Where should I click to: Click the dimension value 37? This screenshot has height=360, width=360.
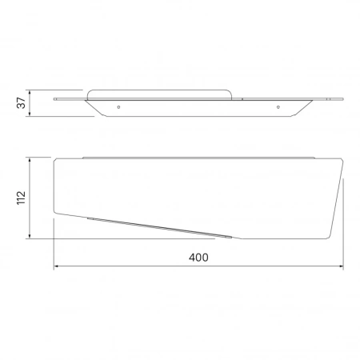[x=21, y=103]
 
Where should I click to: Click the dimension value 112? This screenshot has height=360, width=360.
[x=21, y=198]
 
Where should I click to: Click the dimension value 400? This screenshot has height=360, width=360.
[x=198, y=258]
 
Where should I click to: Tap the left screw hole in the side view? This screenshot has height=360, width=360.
[x=118, y=107]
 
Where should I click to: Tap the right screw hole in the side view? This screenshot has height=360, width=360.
[x=278, y=107]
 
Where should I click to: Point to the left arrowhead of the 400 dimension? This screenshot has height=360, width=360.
[x=56, y=266]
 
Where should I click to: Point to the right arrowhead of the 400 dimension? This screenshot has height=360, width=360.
[x=341, y=266]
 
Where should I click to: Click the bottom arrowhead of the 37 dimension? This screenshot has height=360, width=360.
[x=30, y=114]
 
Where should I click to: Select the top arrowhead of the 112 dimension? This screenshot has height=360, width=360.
[x=30, y=160]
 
